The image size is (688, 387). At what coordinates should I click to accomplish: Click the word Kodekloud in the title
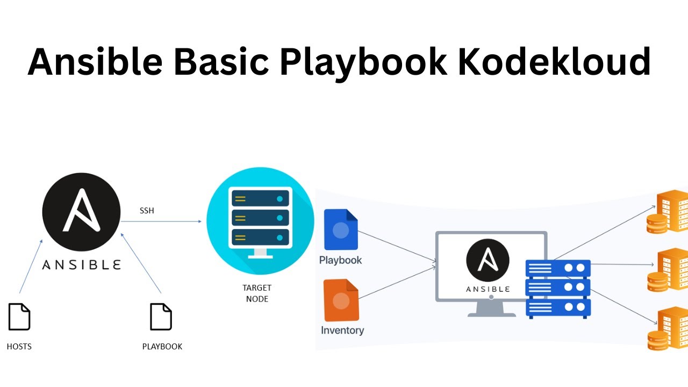[x=554, y=62]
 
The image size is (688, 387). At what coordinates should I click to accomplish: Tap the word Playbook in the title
[x=363, y=62]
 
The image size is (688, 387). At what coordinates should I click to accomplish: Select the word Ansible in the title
[x=95, y=62]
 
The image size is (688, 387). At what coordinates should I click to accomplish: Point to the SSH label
[x=146, y=211]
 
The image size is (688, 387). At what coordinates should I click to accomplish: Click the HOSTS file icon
[x=19, y=317]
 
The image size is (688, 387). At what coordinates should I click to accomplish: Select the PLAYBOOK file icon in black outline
[x=161, y=317]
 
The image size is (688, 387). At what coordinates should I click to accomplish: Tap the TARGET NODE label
[x=257, y=293]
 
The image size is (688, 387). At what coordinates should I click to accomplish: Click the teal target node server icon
[x=260, y=221]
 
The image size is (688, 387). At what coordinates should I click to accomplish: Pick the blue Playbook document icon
[x=341, y=230]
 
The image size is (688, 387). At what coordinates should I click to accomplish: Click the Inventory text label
[x=342, y=330]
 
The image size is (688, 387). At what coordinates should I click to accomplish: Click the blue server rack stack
[x=558, y=289]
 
